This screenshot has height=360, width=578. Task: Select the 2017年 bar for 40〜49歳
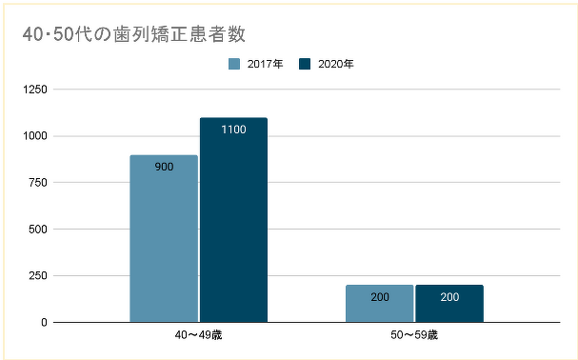164,238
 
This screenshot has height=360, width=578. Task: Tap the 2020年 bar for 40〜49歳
233,219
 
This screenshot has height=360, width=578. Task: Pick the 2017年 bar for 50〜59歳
379,304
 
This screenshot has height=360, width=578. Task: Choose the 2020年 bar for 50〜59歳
449,304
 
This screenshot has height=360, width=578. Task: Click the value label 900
164,168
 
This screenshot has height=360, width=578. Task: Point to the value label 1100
233,130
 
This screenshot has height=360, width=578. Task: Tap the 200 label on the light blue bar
379,297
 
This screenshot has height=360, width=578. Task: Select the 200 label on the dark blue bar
449,297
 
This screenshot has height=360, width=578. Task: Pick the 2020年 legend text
336,64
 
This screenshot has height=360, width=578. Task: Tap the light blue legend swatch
233,64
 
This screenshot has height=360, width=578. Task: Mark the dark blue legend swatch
305,64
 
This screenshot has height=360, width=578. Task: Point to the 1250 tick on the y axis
34,90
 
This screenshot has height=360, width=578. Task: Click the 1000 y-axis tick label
34,136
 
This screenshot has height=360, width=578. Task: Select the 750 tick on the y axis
37,183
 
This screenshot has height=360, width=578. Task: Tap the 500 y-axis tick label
37,230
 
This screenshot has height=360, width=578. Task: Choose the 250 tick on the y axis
37,276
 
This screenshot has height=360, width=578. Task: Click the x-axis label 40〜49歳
199,336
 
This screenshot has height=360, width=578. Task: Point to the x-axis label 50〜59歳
414,336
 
